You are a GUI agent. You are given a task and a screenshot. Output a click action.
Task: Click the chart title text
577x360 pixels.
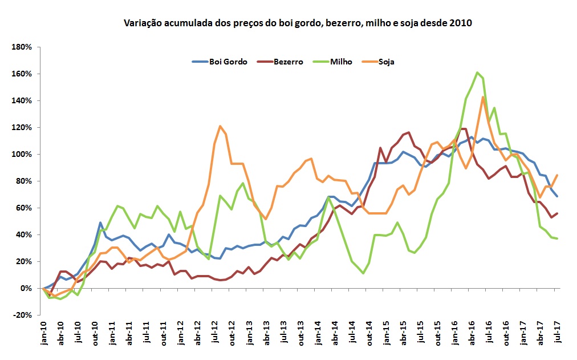pos(298,23)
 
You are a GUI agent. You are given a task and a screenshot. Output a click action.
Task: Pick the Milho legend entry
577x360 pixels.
pos(341,62)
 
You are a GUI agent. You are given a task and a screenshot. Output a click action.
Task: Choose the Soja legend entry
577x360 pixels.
pos(386,62)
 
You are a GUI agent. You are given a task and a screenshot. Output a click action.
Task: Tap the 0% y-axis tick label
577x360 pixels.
pos(25,289)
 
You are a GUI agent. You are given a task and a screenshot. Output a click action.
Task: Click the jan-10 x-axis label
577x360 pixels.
pos(44,333)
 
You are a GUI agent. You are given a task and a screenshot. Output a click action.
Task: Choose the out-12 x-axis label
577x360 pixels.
pos(232,333)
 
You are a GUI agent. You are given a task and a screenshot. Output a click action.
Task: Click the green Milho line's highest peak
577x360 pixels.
pos(477,72)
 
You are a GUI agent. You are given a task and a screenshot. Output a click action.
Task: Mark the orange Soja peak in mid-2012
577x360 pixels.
pos(220,126)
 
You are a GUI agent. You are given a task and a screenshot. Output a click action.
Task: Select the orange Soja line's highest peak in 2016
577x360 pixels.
pos(483,97)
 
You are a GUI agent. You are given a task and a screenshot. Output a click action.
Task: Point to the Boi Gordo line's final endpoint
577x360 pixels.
pos(556,196)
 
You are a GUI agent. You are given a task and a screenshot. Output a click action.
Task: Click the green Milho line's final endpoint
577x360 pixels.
pos(556,238)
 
